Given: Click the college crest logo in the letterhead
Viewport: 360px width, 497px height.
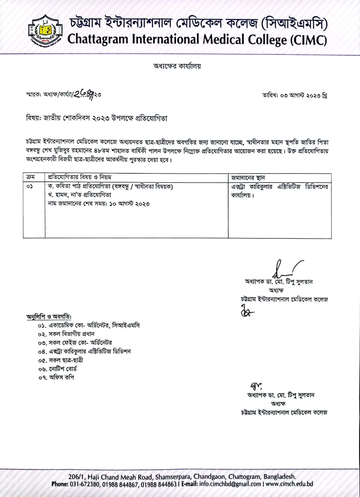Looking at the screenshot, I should coord(45,31).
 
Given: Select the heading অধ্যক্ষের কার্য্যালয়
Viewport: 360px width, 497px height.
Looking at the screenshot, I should coord(177,66).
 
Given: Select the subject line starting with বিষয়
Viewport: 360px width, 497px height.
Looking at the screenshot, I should coord(97,118).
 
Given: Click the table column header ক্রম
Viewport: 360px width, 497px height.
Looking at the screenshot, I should coord(31,177).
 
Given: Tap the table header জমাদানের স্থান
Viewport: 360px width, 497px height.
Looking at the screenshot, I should coord(248,178).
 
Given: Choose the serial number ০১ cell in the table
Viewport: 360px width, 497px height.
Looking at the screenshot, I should coord(30,187).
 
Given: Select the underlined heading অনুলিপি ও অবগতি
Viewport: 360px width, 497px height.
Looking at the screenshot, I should coord(49,316).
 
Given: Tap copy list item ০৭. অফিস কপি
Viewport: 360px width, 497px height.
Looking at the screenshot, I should coord(56,377).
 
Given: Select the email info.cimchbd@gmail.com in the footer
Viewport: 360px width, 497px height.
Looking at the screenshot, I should coord(230,484).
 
